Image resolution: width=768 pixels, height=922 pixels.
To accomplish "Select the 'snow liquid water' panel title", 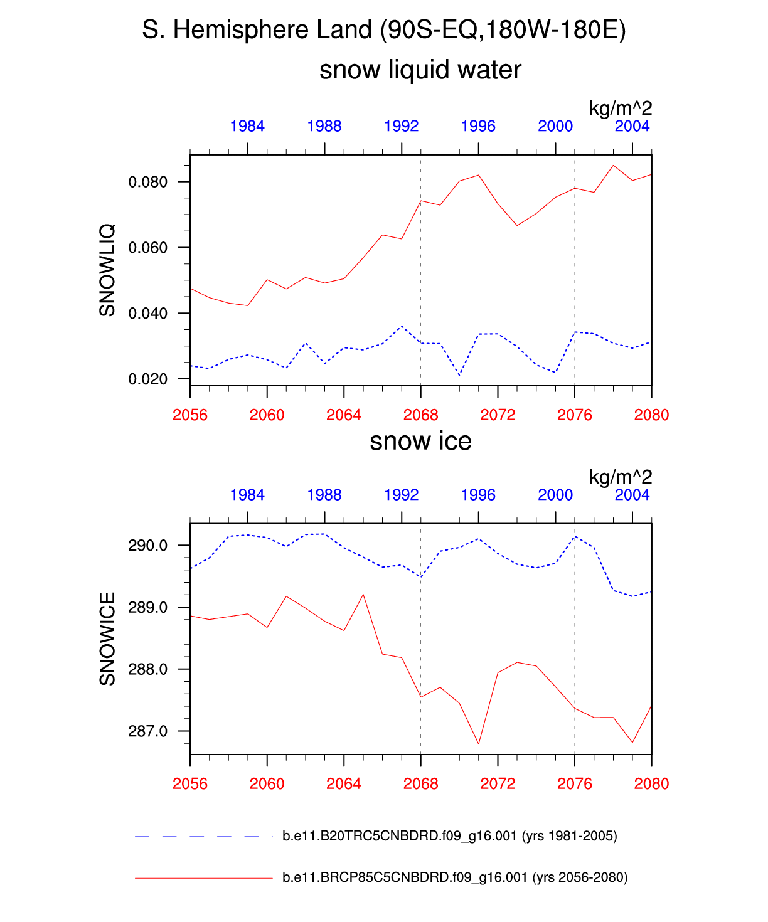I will [x=420, y=70].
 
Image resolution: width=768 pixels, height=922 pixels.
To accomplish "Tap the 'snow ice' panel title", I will [x=420, y=442].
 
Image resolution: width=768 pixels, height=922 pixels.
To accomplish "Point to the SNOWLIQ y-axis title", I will [x=107, y=270].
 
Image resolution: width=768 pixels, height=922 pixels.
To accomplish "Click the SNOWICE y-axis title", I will [x=107, y=639].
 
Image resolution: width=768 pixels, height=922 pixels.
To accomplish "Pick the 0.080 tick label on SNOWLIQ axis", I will [x=148, y=183].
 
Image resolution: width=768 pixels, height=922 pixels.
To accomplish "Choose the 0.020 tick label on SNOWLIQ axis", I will [x=148, y=379].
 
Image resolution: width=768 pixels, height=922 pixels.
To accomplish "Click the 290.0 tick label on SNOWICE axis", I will [x=148, y=546].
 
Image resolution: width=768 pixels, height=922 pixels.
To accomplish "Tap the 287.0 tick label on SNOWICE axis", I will [x=148, y=731].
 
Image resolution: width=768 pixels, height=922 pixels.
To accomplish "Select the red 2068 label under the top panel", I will [x=420, y=415].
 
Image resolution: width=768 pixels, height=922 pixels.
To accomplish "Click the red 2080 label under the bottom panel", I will [x=652, y=783].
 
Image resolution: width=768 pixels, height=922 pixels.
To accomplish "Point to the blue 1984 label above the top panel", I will [x=247, y=126].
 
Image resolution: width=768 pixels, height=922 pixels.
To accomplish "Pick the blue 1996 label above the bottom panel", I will [x=478, y=495].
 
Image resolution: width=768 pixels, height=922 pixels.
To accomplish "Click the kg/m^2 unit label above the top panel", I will [x=621, y=108].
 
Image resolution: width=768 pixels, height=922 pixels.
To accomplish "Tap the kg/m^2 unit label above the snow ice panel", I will [x=621, y=477].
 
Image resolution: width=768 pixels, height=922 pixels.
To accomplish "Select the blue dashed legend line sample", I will [x=198, y=836].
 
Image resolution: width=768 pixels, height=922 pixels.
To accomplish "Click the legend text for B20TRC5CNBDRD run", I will [x=449, y=836].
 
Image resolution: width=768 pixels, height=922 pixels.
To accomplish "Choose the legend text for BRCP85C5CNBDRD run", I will [x=455, y=877].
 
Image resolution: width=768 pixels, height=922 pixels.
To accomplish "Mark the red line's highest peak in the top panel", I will [x=613, y=166].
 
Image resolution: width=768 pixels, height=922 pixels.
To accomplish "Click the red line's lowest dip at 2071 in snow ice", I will [x=479, y=744].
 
